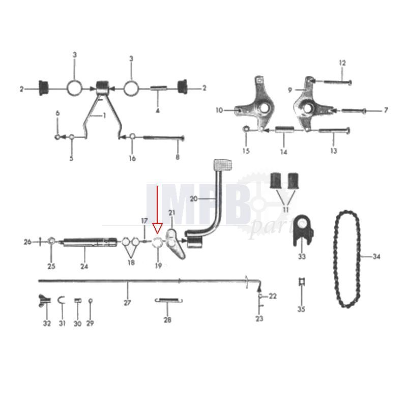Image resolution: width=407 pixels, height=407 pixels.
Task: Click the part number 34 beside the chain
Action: pyautogui.click(x=376, y=257)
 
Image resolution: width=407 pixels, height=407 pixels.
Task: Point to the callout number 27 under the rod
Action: pyautogui.click(x=127, y=303)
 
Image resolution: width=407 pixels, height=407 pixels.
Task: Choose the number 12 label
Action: pyautogui.click(x=342, y=63)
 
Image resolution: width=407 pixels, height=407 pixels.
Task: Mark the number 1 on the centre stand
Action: pyautogui.click(x=104, y=116)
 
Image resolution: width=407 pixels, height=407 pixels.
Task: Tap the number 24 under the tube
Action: pyautogui.click(x=83, y=266)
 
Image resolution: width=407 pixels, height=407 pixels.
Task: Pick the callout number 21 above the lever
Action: pyautogui.click(x=171, y=212)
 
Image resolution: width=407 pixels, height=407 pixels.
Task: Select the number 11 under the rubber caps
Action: pyautogui.click(x=285, y=209)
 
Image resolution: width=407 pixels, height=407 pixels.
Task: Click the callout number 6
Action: pyautogui.click(x=57, y=113)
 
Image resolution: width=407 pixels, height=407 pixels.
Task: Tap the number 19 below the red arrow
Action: pyautogui.click(x=158, y=266)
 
